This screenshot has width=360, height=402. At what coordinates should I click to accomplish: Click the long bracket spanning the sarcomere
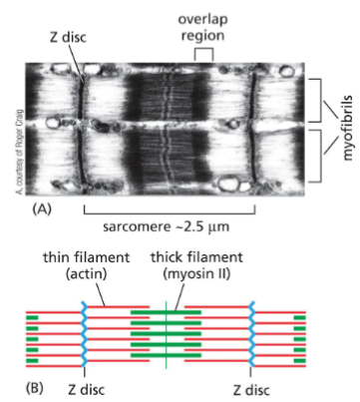pos(171,207)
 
